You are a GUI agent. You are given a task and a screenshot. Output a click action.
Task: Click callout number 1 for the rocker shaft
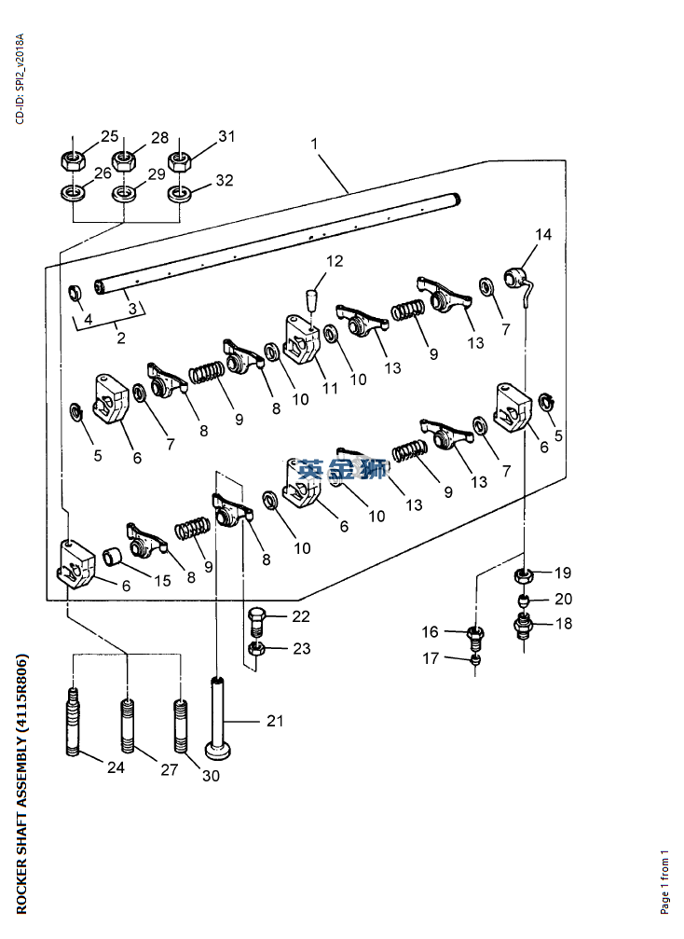[314, 145]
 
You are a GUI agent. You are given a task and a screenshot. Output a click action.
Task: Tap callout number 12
[335, 261]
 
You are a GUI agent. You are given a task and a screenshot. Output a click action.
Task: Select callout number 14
[542, 234]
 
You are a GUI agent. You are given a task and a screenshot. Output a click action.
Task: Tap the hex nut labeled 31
[180, 158]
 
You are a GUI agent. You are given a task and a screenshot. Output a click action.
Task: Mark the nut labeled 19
[525, 574]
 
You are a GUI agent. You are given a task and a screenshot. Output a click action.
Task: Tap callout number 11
[330, 389]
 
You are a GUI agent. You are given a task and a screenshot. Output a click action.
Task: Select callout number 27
[169, 770]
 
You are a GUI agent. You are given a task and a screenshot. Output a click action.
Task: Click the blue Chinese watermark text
[342, 469]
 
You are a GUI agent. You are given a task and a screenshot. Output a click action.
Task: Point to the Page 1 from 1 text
[664, 881]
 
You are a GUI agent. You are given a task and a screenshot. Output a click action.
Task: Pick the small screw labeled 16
[477, 637]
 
